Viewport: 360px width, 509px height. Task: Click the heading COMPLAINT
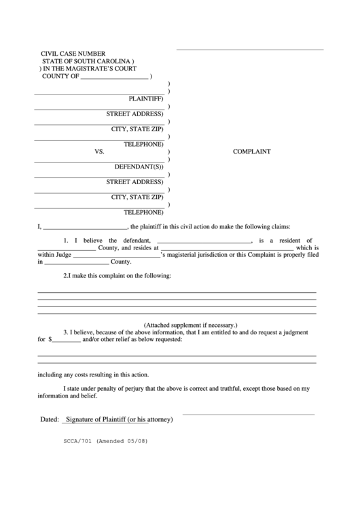(252, 152)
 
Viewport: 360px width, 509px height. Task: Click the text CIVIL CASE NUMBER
(73, 53)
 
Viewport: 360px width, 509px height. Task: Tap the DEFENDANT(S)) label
(139, 166)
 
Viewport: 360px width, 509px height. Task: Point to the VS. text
(99, 152)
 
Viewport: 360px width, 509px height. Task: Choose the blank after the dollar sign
(66, 339)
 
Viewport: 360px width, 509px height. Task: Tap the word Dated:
(50, 419)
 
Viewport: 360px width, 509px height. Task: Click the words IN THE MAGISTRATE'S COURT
(90, 69)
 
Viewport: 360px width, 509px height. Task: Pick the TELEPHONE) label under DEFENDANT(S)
(143, 212)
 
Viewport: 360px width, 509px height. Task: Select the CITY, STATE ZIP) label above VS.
(138, 128)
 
